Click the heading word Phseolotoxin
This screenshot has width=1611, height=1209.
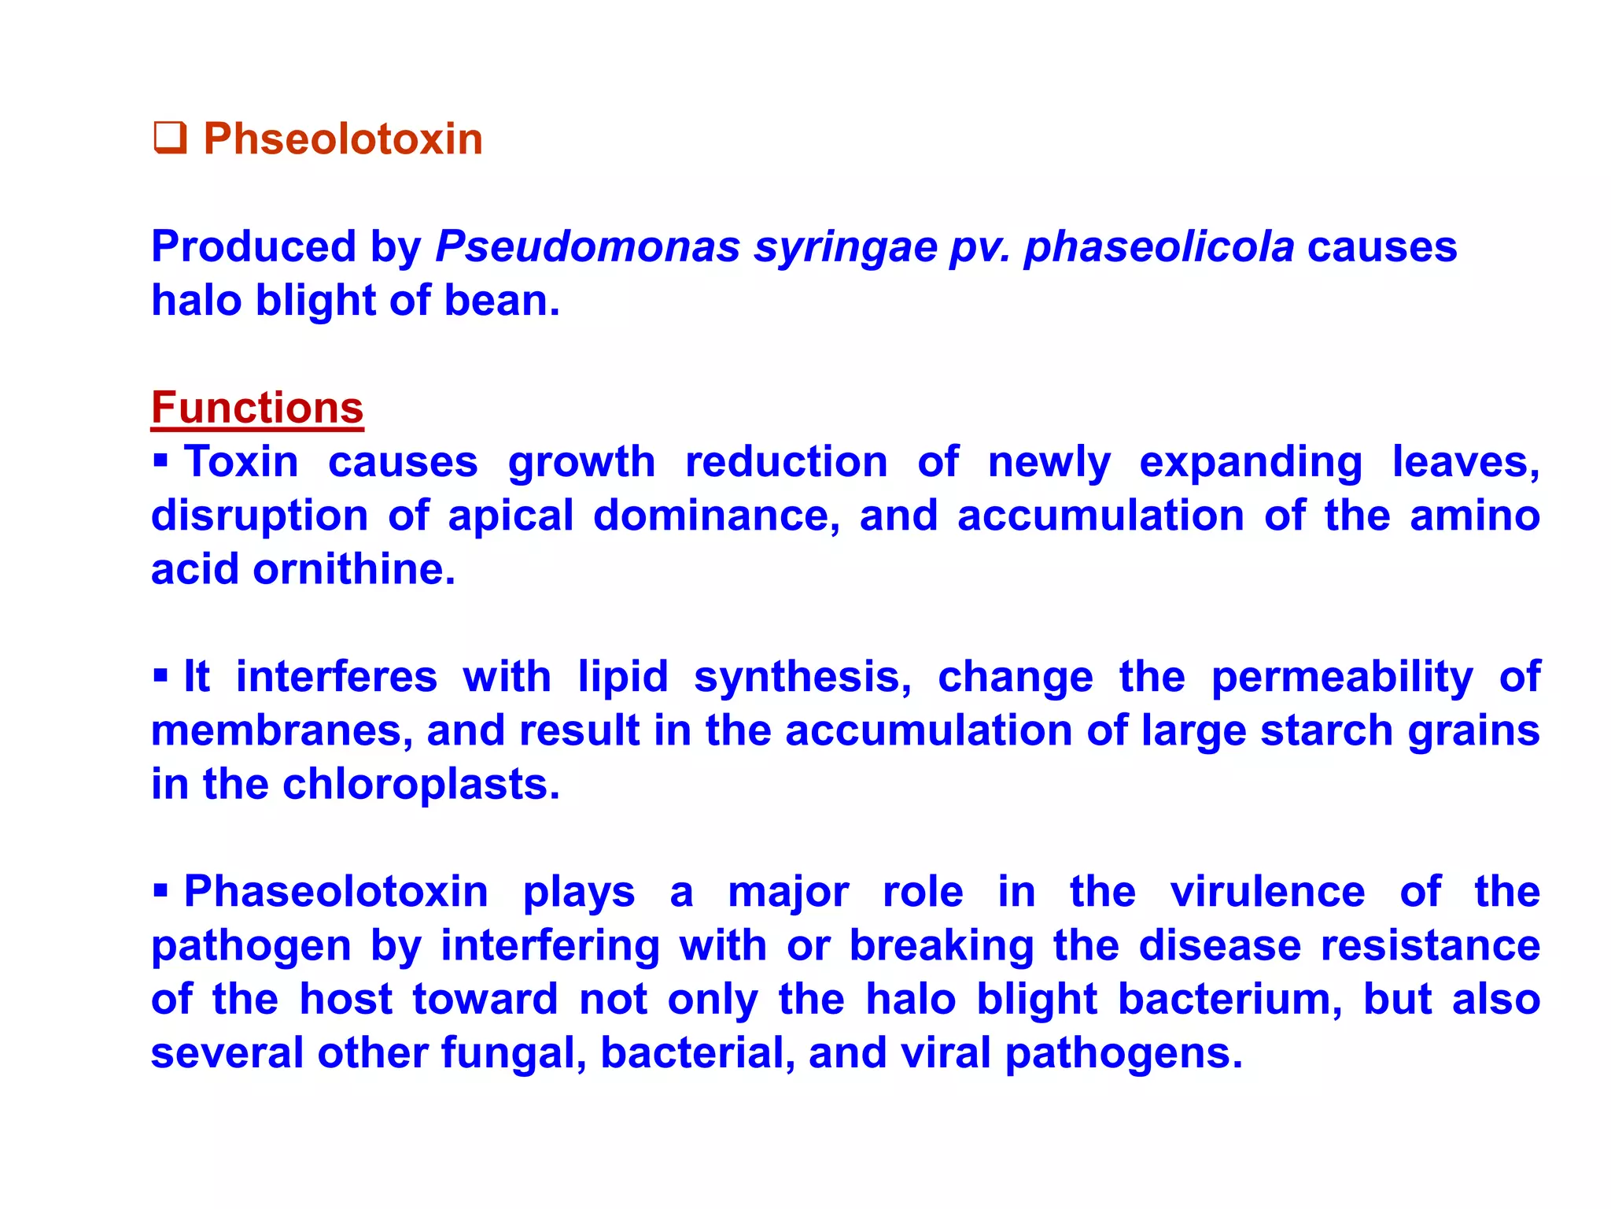[343, 139]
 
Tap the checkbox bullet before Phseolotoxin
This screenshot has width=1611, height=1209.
[169, 138]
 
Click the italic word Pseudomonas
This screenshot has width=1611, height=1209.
[588, 246]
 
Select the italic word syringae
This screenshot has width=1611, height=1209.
[845, 248]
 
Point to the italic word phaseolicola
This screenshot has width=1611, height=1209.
[1159, 246]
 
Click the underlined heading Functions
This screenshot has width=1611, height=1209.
[257, 408]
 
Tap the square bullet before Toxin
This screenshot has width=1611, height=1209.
[160, 460]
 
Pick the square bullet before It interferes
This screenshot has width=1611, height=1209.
[160, 675]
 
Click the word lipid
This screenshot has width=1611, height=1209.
[623, 677]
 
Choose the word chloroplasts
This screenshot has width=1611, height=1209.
[420, 785]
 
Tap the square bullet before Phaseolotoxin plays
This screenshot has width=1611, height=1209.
[160, 890]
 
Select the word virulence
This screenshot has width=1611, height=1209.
[1267, 892]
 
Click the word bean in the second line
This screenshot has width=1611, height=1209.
[501, 301]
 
